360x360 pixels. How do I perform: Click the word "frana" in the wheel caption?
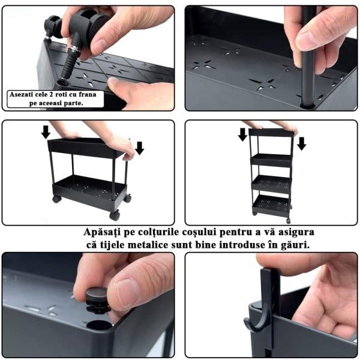(88, 94)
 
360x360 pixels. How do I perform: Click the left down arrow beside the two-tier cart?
(46, 132)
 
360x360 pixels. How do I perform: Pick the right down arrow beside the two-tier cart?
(139, 148)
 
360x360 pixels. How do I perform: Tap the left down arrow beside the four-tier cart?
(242, 134)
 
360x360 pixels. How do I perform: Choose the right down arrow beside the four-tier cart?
(301, 144)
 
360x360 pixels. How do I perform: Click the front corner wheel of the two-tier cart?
(115, 215)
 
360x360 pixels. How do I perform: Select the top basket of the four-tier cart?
(271, 133)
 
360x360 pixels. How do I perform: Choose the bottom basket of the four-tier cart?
(271, 205)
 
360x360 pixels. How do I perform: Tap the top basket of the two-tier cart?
(86, 147)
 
